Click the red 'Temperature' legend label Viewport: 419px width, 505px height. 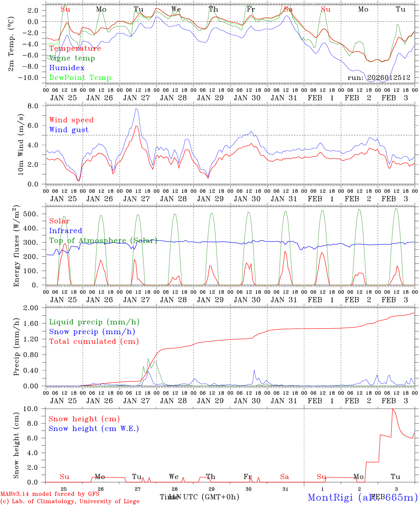click(75, 48)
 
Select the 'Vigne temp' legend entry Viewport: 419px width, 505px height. click(72, 58)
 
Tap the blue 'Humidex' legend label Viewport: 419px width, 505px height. click(67, 68)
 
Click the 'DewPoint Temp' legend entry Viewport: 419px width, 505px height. click(80, 78)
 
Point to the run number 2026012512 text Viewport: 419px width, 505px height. click(379, 78)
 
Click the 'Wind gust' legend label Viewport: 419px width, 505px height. click(69, 130)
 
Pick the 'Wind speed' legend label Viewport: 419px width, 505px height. click(72, 120)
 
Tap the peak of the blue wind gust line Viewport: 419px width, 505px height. click(136, 109)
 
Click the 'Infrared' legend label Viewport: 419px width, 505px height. click(66, 231)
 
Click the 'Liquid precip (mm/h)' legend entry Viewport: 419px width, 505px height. click(94, 322)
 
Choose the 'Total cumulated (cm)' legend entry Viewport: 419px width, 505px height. click(94, 342)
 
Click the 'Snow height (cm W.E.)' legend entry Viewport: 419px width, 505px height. click(94, 429)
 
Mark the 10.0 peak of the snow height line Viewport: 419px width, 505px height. click(393, 409)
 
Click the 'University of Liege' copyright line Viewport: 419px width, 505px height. click(70, 501)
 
